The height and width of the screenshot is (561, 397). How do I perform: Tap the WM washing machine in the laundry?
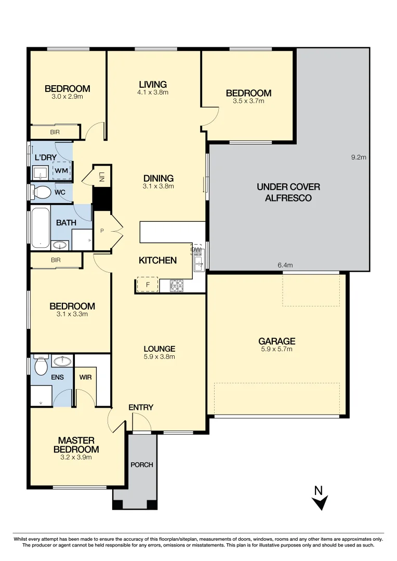coord(61,170)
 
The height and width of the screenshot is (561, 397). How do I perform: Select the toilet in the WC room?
coord(42,193)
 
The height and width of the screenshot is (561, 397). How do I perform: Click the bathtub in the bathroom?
coord(39,228)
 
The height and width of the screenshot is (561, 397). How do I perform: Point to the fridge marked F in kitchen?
coord(148,285)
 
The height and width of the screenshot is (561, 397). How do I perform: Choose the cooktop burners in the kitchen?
coord(177,285)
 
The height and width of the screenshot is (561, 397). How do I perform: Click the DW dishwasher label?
coord(196,250)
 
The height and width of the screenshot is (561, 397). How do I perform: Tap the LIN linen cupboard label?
coord(102,176)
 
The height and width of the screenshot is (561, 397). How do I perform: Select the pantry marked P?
coord(102,230)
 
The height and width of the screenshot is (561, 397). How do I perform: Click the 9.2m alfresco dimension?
coord(359,157)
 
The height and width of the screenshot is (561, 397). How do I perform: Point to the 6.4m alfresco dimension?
coord(285,265)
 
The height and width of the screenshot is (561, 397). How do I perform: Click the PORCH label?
coord(142,464)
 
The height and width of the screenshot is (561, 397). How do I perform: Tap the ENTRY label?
coord(141,407)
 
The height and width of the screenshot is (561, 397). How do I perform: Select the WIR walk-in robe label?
coord(85,377)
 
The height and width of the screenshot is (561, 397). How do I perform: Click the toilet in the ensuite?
coord(40,367)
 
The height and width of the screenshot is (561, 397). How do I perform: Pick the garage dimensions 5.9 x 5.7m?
coord(277,349)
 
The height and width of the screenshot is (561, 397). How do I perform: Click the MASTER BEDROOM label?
coord(76,445)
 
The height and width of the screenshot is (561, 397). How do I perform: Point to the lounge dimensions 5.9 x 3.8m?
coord(160,356)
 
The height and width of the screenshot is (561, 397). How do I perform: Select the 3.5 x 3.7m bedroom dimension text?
coord(248,101)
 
